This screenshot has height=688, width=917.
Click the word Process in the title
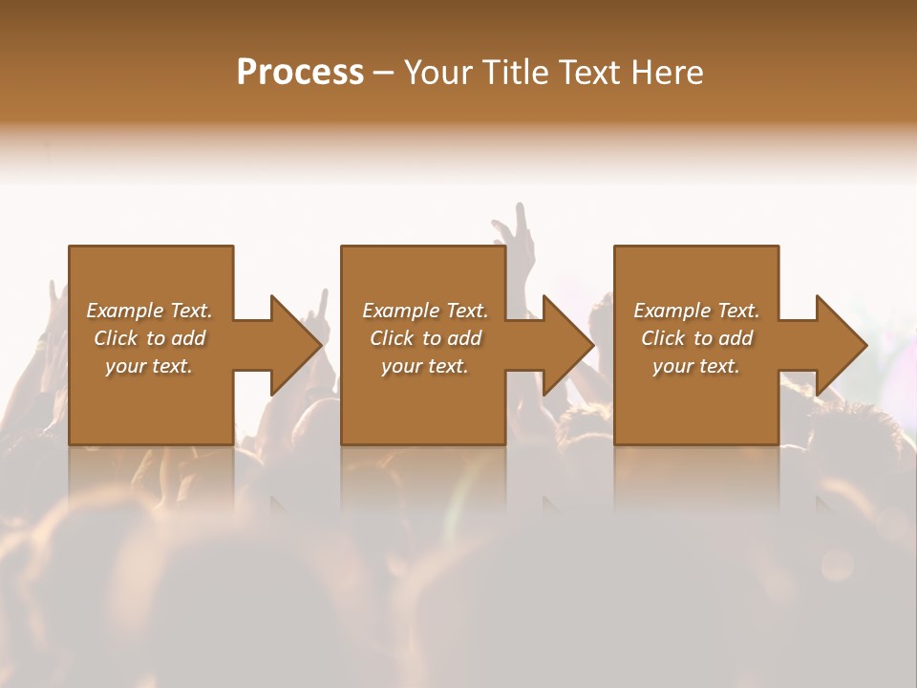coord(300,73)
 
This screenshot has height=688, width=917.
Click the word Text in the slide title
coord(590,73)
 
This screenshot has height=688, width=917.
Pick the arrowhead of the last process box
coord(840,345)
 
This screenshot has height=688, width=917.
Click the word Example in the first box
coord(124,311)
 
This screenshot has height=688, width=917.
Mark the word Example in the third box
coord(672,311)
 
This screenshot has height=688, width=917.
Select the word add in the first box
coord(188,338)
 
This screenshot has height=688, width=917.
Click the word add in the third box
coord(736,338)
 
